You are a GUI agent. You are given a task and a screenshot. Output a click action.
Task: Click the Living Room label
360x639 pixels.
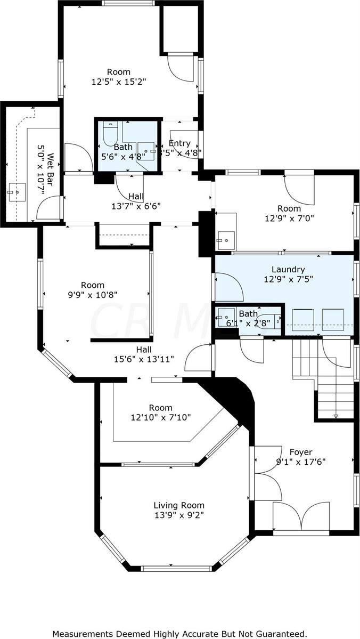click(x=179, y=505)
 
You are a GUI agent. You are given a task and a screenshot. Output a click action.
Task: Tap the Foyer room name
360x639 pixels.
click(x=301, y=452)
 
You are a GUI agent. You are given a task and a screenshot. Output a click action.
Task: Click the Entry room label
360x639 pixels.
click(x=179, y=143)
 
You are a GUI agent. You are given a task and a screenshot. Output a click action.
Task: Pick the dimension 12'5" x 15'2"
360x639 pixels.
click(x=119, y=82)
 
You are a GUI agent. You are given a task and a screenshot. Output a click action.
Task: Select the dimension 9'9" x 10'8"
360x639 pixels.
click(x=92, y=294)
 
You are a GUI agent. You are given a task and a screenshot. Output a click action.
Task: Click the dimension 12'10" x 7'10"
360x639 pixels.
click(x=160, y=417)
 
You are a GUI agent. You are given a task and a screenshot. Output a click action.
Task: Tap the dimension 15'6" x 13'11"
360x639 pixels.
click(x=144, y=359)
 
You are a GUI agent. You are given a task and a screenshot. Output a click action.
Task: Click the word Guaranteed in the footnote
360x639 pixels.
click(x=277, y=634)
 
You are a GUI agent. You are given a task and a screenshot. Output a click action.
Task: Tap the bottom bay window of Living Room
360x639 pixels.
click(x=179, y=568)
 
